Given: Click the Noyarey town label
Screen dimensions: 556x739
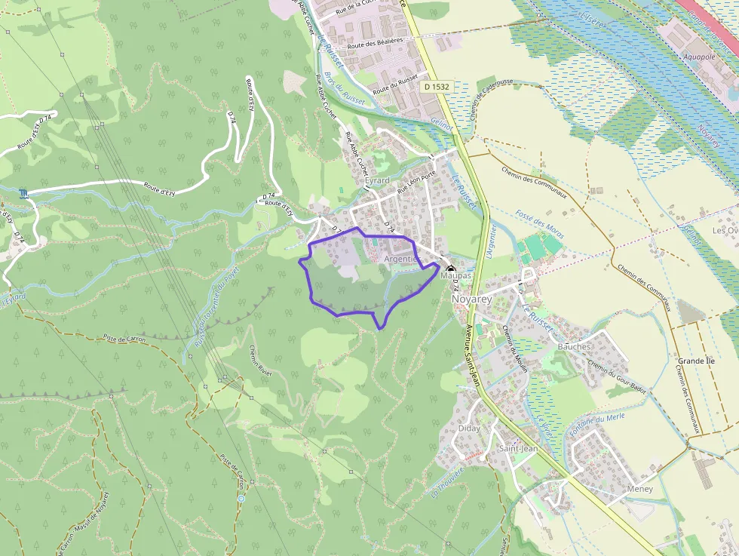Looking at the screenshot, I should pyautogui.click(x=471, y=300).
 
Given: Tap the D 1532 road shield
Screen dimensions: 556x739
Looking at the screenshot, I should pyautogui.click(x=437, y=87).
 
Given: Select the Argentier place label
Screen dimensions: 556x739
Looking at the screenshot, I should pyautogui.click(x=400, y=259).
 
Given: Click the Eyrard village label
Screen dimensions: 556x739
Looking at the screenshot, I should pyautogui.click(x=377, y=181).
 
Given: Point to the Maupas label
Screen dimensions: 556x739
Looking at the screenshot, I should pyautogui.click(x=455, y=276).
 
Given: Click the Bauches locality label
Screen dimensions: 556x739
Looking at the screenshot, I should pyautogui.click(x=574, y=346).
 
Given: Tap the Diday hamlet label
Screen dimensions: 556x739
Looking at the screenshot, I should pyautogui.click(x=469, y=429).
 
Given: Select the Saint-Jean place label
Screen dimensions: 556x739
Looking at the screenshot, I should pyautogui.click(x=518, y=449).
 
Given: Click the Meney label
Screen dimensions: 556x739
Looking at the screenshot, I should pyautogui.click(x=640, y=489).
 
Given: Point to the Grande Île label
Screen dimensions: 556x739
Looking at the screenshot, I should pyautogui.click(x=695, y=361).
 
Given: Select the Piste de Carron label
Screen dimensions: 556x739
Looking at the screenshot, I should pyautogui.click(x=124, y=339).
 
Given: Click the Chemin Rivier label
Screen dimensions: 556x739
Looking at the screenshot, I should pyautogui.click(x=260, y=360).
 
